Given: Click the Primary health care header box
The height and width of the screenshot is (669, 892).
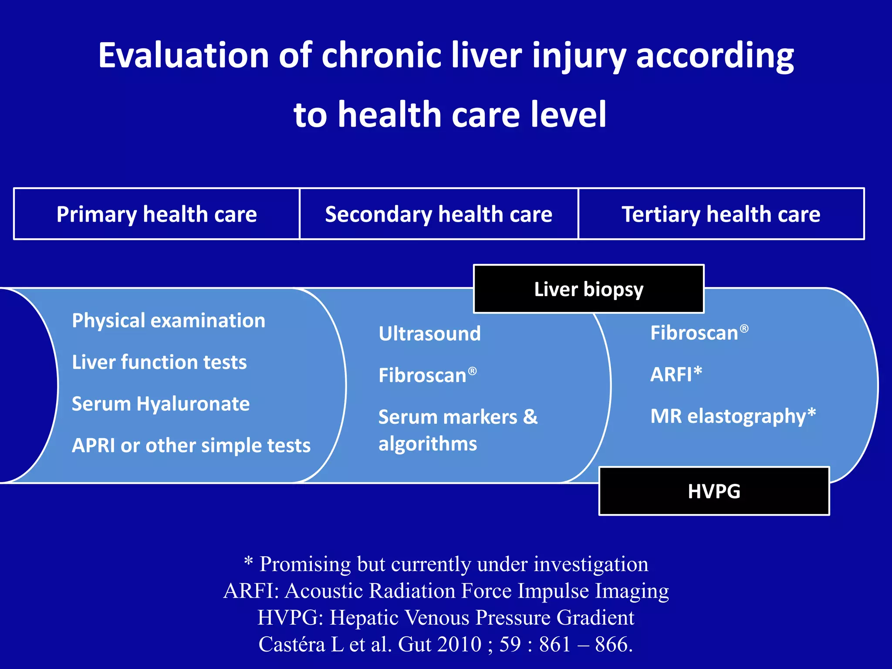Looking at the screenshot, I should [x=156, y=214].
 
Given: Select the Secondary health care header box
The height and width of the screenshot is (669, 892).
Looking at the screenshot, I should [x=439, y=214].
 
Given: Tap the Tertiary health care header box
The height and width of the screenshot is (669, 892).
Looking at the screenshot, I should [x=721, y=214].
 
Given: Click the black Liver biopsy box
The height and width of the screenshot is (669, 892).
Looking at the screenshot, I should [x=588, y=289].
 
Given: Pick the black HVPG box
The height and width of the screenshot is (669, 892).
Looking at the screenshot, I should [x=714, y=491].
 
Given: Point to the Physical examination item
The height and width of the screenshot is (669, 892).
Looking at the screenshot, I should [x=169, y=321].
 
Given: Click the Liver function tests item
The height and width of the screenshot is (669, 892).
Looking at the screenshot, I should [x=159, y=362].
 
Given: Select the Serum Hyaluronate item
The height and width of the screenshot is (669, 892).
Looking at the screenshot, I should [x=161, y=404].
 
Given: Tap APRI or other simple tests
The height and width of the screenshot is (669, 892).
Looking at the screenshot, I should [x=191, y=446].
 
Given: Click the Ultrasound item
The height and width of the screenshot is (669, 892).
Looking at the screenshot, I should [x=429, y=334].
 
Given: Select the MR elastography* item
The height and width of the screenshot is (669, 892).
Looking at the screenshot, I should [x=733, y=416].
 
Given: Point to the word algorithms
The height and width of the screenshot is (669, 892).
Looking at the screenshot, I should [x=428, y=444].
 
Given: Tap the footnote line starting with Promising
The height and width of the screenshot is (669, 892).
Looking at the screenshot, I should [x=446, y=564].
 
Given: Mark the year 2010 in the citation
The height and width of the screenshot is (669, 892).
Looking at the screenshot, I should [x=460, y=644].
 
